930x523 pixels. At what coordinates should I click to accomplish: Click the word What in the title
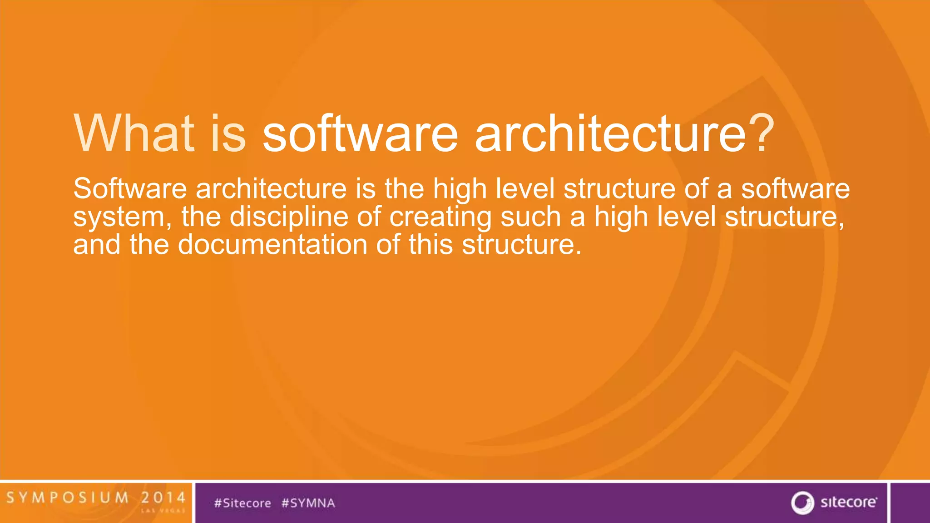pos(134,133)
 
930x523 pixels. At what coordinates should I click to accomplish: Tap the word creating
pos(440,217)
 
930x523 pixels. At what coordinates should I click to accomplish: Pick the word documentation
pos(272,245)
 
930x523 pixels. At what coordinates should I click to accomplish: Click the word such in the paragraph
pos(530,217)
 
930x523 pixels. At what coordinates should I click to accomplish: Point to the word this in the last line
pos(430,245)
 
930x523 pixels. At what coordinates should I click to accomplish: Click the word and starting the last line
pos(97,245)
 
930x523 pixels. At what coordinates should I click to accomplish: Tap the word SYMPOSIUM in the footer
pos(68,498)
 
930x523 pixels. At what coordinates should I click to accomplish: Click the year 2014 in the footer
pos(163,498)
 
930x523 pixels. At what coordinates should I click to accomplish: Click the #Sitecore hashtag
pos(242,503)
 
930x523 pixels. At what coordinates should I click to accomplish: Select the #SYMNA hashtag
pos(308,503)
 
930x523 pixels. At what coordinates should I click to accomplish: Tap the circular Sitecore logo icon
pos(802,503)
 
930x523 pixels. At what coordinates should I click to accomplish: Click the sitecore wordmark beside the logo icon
pos(848,502)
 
